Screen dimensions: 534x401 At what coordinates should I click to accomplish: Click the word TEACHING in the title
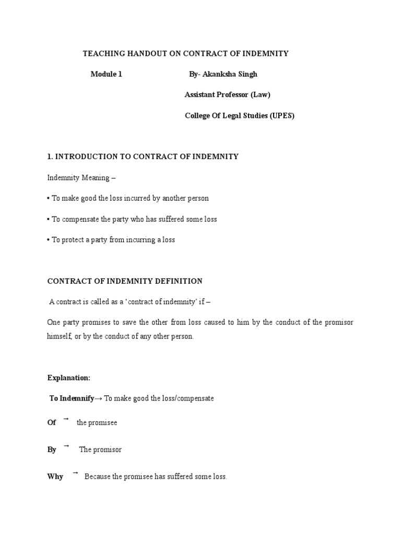pos(101,54)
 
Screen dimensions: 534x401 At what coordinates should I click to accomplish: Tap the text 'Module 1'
pos(106,74)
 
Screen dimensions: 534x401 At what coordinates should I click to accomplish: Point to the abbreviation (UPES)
pos(282,116)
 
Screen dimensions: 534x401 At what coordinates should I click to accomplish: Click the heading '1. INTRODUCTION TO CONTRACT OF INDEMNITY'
pos(143,157)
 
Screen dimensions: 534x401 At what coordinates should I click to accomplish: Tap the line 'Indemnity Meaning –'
pos(81,178)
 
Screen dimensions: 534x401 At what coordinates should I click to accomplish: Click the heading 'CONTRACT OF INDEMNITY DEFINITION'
pos(125,281)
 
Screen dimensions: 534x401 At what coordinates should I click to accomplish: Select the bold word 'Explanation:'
pos(69,378)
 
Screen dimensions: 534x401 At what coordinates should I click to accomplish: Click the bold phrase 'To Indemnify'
pos(72,398)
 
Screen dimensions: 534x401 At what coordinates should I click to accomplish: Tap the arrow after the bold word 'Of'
pos(66,419)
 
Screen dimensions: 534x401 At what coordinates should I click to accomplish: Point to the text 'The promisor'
pos(100,450)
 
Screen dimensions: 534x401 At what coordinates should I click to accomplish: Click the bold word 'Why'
pos(55,477)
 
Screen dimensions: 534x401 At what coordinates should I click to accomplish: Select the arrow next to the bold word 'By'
pos(66,446)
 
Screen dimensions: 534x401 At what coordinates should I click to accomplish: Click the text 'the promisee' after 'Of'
pos(97,422)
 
